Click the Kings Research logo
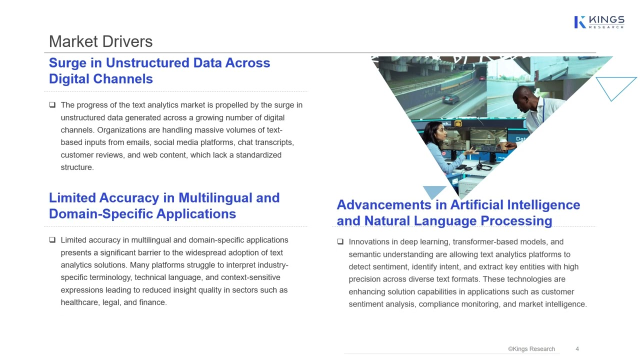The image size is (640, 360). (599, 22)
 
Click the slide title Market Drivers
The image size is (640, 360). (100, 41)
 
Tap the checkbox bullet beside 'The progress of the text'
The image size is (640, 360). (52, 105)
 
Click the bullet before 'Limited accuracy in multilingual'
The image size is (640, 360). (52, 240)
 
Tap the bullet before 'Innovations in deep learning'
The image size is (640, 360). (340, 242)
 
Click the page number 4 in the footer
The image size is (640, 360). (577, 349)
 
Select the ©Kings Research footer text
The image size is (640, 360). (531, 349)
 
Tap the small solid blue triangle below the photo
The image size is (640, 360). (434, 191)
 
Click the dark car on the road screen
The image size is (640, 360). (450, 98)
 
